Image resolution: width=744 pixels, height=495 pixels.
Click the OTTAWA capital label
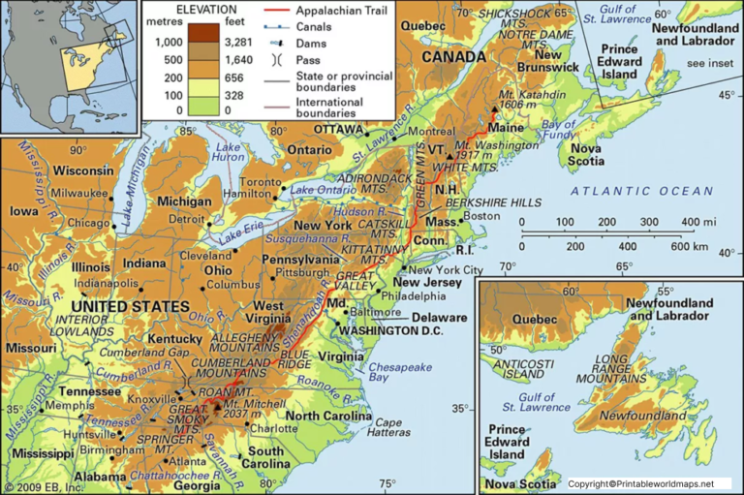click(x=336, y=129)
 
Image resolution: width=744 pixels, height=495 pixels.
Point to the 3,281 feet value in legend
click(x=238, y=42)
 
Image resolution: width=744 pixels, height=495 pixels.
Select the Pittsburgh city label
click(x=312, y=274)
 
